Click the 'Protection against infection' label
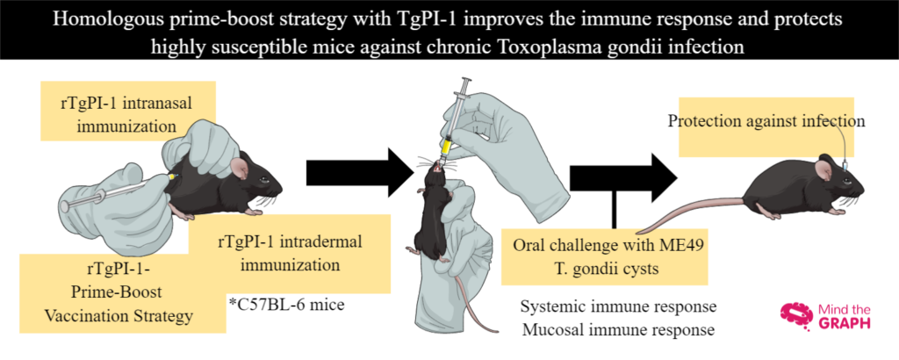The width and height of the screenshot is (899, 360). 766,121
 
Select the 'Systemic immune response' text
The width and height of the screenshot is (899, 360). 618,308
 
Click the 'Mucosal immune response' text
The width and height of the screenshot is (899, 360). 618,330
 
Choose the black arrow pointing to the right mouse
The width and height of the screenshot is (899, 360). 624,172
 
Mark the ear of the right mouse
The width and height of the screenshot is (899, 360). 824,167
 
